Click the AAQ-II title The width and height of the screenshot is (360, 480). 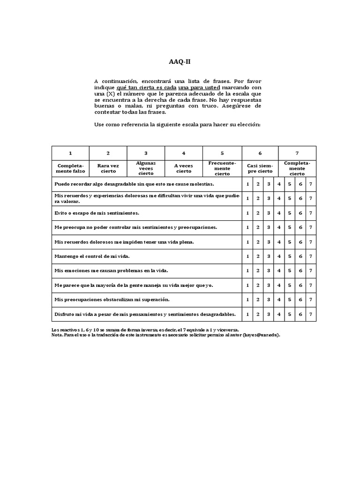pyautogui.click(x=180, y=61)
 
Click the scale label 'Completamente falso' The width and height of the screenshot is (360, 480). pyautogui.click(x=70, y=168)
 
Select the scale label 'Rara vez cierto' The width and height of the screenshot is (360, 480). pyautogui.click(x=108, y=168)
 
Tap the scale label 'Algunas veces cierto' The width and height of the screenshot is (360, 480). pyautogui.click(x=146, y=168)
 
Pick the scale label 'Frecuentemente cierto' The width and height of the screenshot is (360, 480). pyautogui.click(x=222, y=168)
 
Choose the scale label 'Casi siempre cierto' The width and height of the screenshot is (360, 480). pyautogui.click(x=260, y=168)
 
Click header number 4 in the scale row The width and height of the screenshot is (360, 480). pyautogui.click(x=183, y=153)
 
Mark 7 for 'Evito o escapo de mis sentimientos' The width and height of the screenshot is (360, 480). pyautogui.click(x=311, y=213)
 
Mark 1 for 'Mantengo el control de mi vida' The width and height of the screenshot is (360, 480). pyautogui.click(x=247, y=256)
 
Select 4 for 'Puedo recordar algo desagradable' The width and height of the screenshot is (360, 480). pyautogui.click(x=279, y=184)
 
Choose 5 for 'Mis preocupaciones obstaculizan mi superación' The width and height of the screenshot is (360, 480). pyautogui.click(x=290, y=300)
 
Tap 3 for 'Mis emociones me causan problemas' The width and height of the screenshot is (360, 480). pyautogui.click(x=269, y=270)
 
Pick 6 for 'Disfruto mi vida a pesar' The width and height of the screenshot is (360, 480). pyautogui.click(x=300, y=314)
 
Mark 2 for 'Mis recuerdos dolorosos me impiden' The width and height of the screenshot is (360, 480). pyautogui.click(x=258, y=242)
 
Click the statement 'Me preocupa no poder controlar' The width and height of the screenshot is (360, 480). pyautogui.click(x=135, y=227)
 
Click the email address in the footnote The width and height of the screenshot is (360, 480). pyautogui.click(x=261, y=335)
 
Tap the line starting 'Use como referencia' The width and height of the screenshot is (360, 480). pyautogui.click(x=177, y=125)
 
